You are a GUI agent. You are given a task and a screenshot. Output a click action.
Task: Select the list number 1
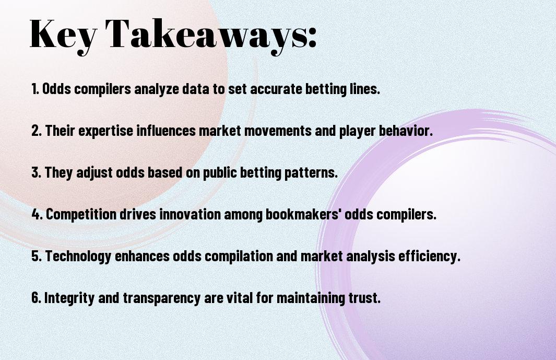point(35,89)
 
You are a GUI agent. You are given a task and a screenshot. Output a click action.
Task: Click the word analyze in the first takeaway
point(157,89)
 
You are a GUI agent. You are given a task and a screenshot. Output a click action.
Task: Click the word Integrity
point(69,298)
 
